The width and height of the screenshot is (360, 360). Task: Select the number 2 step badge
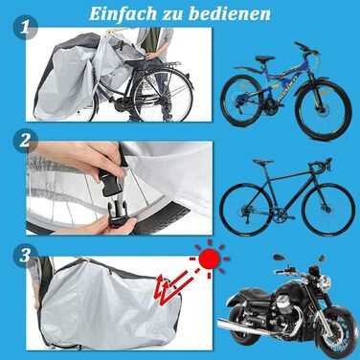25,141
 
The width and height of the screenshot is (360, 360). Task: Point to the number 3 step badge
25,256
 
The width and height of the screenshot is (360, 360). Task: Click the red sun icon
210,259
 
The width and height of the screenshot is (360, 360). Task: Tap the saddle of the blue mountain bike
265,58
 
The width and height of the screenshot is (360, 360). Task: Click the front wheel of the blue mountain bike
324,110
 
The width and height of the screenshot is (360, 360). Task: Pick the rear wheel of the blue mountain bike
242,101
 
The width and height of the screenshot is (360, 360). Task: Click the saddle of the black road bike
262,162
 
